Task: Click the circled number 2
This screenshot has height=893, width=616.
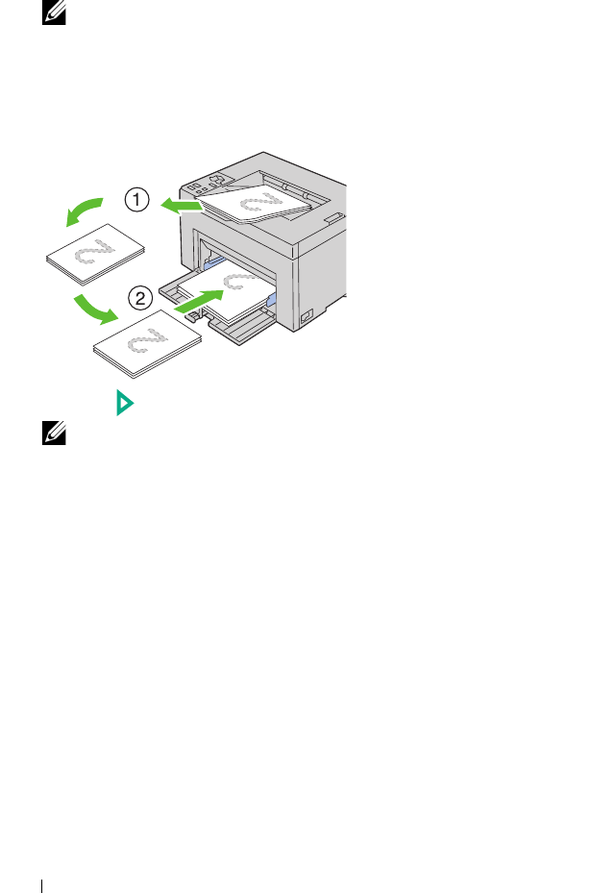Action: (x=140, y=298)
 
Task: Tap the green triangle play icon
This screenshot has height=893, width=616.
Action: (x=123, y=404)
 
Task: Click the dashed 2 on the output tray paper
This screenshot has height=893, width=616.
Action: (x=257, y=203)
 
